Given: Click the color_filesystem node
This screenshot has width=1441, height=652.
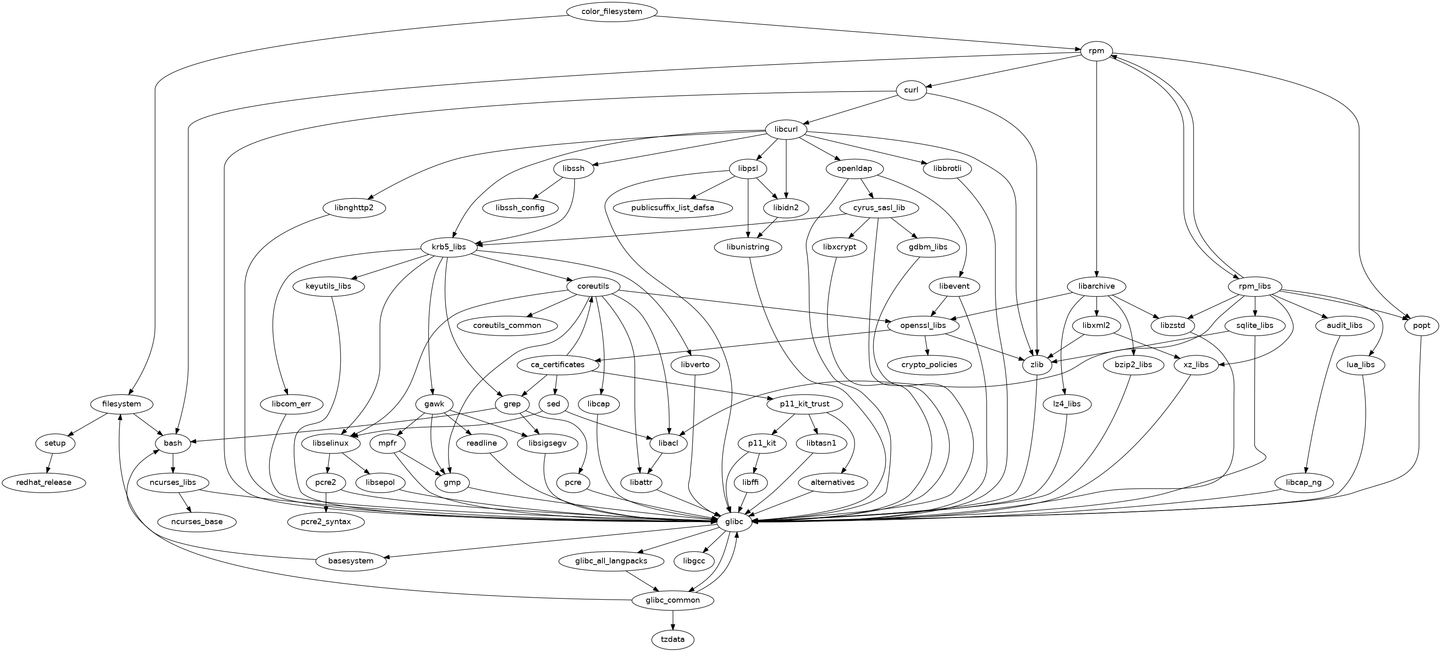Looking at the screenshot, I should [611, 11].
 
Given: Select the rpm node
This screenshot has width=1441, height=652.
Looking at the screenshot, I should [1096, 52].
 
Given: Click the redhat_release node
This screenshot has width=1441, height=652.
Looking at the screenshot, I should [44, 482].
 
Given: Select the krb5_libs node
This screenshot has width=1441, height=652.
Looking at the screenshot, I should [448, 247].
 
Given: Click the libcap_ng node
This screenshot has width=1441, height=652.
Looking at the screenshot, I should [1303, 482].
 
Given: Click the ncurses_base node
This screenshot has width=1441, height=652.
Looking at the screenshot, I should [197, 522].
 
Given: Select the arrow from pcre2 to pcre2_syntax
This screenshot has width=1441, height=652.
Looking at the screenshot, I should [325, 502].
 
